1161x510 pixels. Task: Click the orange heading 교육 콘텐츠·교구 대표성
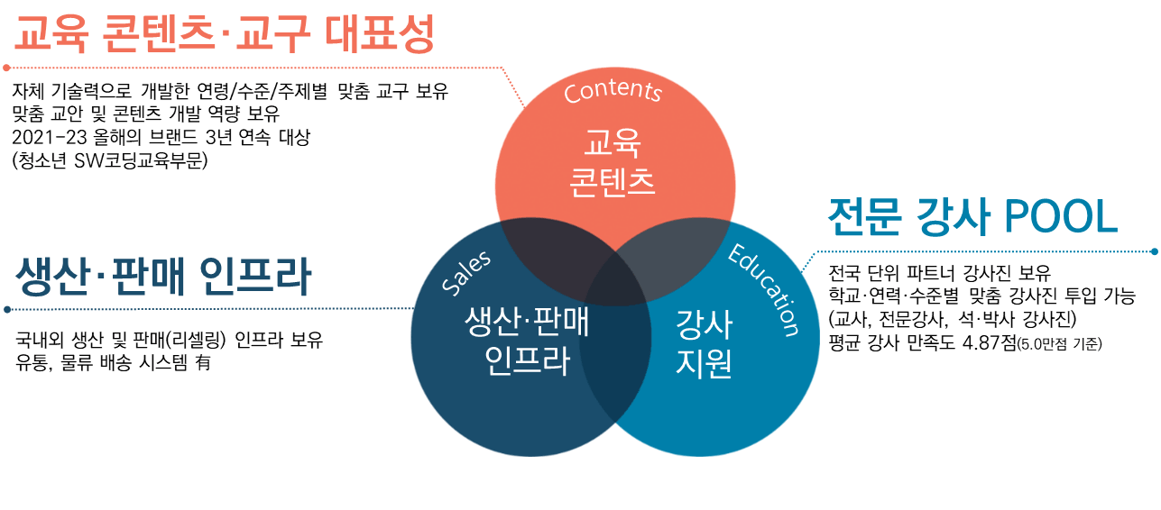tap(224, 34)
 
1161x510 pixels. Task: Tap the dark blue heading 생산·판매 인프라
tap(163, 276)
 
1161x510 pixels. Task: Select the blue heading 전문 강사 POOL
tap(972, 217)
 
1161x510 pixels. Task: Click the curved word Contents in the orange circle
tap(613, 91)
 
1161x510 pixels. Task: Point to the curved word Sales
tap(466, 272)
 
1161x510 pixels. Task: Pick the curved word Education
tap(764, 289)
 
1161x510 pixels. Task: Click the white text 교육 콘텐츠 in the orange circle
tap(613, 162)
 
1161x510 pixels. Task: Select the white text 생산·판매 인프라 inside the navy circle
tap(527, 341)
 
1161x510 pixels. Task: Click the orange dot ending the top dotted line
tap(6, 68)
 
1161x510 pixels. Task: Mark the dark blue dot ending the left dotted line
tap(6, 310)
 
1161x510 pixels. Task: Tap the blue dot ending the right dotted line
tap(1155, 251)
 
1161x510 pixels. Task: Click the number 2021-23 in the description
tap(50, 138)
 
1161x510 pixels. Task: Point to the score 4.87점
tap(989, 342)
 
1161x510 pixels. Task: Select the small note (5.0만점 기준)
tap(1059, 344)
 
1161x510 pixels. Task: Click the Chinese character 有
tap(203, 362)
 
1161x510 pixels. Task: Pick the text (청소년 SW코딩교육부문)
tap(110, 161)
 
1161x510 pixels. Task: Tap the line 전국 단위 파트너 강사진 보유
tap(940, 273)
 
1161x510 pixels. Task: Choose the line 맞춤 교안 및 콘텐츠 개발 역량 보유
tap(145, 114)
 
